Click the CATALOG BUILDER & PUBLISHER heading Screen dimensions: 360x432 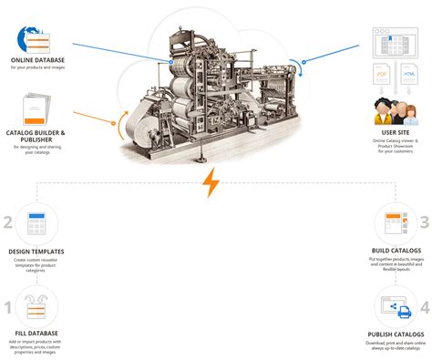36,135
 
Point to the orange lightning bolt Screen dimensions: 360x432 211,182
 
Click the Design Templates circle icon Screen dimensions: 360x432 36,221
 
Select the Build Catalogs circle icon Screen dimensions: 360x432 395,221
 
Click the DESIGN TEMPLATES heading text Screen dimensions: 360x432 36,251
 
